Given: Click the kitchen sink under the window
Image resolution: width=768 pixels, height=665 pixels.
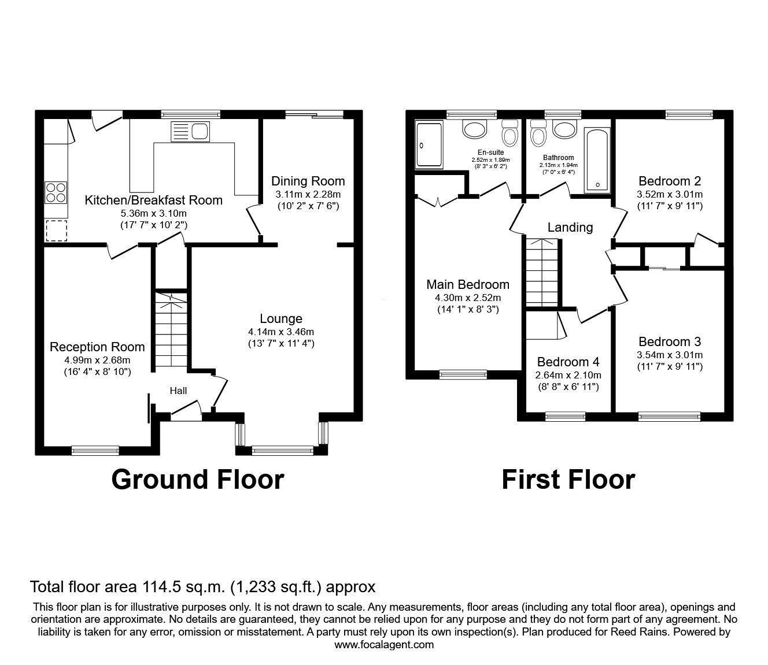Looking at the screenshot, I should click(x=190, y=132).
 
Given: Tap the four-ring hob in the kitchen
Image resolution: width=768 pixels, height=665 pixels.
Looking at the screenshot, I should click(x=56, y=192).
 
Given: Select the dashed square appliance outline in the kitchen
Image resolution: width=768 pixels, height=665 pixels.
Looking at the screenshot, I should click(x=56, y=230).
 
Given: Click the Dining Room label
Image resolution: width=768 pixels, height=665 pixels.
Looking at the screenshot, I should click(x=308, y=181).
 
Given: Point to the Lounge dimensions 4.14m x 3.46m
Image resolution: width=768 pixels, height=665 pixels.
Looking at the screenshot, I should click(x=280, y=332).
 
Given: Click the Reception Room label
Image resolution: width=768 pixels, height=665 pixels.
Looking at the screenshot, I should click(x=97, y=347).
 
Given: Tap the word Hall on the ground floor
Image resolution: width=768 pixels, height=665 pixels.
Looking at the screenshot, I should click(x=178, y=391).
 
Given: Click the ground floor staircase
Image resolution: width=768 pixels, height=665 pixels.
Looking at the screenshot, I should click(x=171, y=332).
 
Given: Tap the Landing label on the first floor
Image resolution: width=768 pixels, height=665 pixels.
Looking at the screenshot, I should click(x=570, y=227).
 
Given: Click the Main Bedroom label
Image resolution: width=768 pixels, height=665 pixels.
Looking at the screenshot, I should click(x=468, y=284).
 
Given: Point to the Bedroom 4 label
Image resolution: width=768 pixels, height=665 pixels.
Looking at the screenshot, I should click(x=568, y=362).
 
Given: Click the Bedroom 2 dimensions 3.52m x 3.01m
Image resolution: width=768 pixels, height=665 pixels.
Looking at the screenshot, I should click(x=670, y=194).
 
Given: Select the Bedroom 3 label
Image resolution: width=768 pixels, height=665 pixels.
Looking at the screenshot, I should click(x=670, y=341).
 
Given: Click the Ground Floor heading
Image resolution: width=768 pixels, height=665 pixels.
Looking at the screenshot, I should click(x=197, y=480).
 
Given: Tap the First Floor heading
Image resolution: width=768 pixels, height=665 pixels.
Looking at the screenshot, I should click(x=568, y=480).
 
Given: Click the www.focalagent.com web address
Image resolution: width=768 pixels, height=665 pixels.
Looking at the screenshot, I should click(x=384, y=644).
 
